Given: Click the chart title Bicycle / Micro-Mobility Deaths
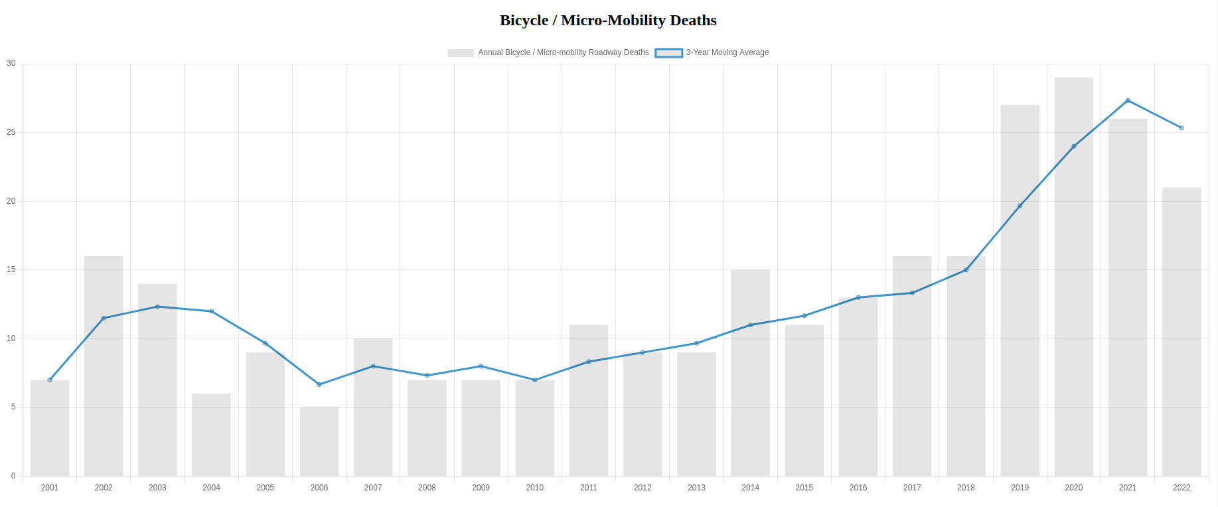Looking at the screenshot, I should (x=608, y=21).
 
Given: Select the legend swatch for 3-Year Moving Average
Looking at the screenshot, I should (x=668, y=53).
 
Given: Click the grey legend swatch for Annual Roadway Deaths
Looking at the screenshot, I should (x=460, y=53).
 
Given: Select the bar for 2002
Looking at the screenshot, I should (x=104, y=366).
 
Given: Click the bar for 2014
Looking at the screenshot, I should (x=750, y=372).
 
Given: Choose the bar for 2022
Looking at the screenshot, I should (x=1181, y=332).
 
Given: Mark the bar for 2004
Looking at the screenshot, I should (x=211, y=435).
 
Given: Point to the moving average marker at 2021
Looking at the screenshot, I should (x=1127, y=100).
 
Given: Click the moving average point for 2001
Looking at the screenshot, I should (x=50, y=380).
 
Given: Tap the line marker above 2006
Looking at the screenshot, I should (x=319, y=384).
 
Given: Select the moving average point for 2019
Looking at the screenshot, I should (x=1020, y=206).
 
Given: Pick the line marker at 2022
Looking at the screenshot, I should (x=1181, y=128).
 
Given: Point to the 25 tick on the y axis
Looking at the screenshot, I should (x=11, y=132).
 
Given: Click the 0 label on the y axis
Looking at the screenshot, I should (x=13, y=476).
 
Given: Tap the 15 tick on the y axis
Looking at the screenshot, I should (x=11, y=269).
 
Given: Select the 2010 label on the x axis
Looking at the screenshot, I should (x=534, y=488).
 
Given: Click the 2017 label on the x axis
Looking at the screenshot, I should (x=911, y=488).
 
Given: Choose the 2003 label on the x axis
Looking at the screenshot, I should (x=157, y=488).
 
